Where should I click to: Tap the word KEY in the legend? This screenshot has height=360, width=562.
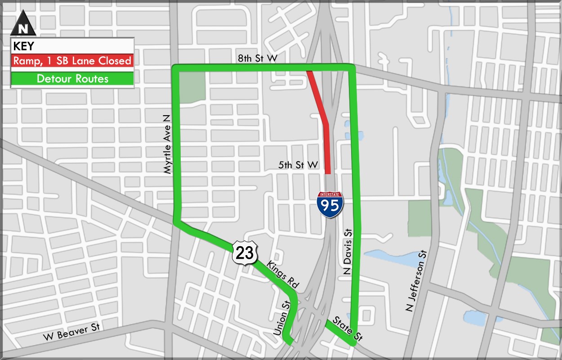24,46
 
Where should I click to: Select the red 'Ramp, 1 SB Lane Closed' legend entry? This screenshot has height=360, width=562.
72,61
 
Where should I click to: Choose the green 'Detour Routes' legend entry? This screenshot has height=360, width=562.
72,79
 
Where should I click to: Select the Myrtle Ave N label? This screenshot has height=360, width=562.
167,144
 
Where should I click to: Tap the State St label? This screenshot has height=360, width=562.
347,328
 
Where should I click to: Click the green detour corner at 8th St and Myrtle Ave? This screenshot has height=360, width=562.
176,68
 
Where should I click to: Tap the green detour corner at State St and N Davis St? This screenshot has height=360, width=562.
354,343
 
